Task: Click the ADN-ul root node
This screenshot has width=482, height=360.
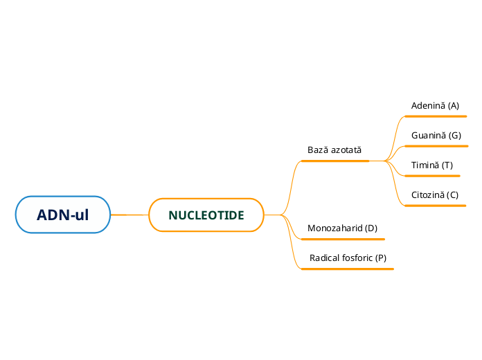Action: [x=63, y=215]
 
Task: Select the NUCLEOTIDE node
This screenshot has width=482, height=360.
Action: [x=206, y=215]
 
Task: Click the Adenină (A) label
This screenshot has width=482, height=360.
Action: [x=435, y=106]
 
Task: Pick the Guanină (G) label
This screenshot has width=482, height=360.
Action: [x=436, y=136]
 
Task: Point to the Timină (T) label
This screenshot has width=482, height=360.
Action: [x=431, y=165]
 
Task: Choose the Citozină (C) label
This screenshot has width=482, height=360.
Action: [x=434, y=195]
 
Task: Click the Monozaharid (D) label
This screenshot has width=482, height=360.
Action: [x=342, y=228]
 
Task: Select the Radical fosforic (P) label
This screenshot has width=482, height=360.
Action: [x=348, y=258]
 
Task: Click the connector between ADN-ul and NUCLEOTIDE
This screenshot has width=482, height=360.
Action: [x=130, y=215]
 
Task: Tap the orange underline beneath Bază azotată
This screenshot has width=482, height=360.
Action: [x=335, y=161]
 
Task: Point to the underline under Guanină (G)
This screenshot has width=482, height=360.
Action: [x=436, y=146]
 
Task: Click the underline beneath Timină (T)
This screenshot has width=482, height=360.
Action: [x=432, y=176]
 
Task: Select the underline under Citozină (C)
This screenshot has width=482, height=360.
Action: [x=435, y=206]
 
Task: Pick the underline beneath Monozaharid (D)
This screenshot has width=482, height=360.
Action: [x=343, y=239]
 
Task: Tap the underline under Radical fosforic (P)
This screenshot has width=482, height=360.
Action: [x=348, y=268]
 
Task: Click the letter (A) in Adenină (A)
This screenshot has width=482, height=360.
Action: [x=453, y=106]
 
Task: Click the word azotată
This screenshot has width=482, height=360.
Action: [x=346, y=150]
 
